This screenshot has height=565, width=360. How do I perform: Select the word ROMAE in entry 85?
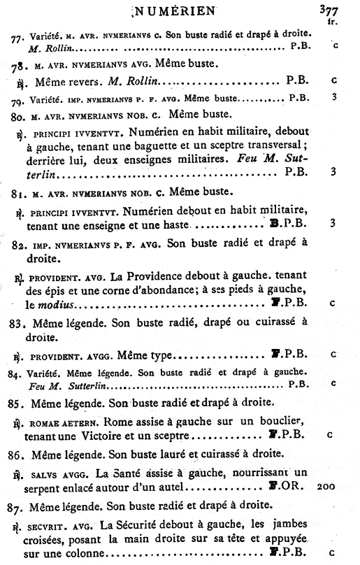(x=45, y=422)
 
